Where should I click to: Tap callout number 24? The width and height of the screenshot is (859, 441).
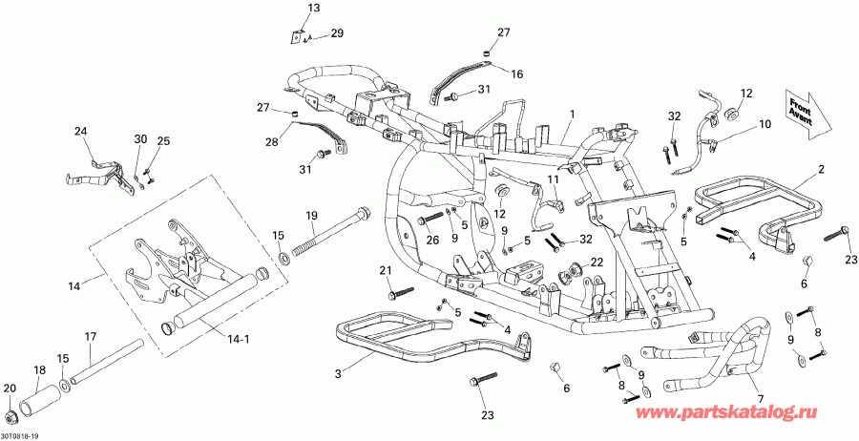80,131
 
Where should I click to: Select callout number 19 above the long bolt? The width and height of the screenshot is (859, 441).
311,216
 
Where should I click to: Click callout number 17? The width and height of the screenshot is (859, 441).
91,336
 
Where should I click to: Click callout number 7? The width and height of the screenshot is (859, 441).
761,397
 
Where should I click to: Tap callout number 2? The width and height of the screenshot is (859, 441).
820,170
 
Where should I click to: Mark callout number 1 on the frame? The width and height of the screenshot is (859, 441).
571,114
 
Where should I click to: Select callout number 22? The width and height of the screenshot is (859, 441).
597,262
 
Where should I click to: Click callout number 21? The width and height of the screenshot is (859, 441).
386,272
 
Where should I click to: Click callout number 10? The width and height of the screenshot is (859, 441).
765,124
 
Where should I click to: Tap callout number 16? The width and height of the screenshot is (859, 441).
517,73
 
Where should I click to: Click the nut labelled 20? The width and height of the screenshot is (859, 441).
13,418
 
